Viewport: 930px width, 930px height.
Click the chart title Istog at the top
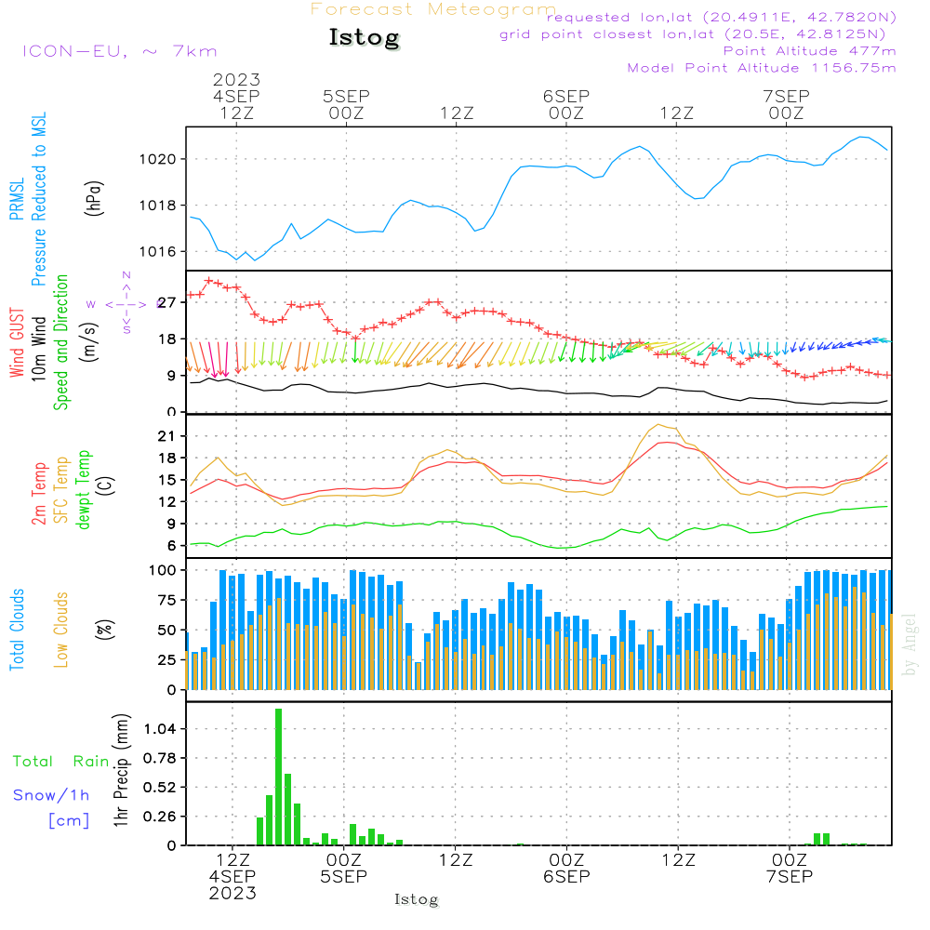coord(364,38)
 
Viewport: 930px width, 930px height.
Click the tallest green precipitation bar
coord(278,777)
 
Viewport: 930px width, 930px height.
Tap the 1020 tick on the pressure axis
coord(165,159)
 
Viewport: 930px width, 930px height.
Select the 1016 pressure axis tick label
coord(165,252)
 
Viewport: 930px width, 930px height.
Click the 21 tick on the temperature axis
coord(168,436)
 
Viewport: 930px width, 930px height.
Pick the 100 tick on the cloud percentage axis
coord(164,569)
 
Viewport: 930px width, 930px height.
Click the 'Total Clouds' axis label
coord(18,630)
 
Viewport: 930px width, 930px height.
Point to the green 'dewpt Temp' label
coord(85,489)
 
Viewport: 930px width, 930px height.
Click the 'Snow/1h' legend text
coord(51,795)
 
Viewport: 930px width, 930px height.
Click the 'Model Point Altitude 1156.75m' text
coord(762,68)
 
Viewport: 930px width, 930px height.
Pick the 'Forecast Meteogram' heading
coord(432,9)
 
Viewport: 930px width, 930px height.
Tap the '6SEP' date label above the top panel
coord(566,96)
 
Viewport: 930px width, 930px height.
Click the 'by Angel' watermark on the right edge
coord(910,644)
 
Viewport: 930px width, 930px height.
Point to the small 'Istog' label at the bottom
coord(416,899)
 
